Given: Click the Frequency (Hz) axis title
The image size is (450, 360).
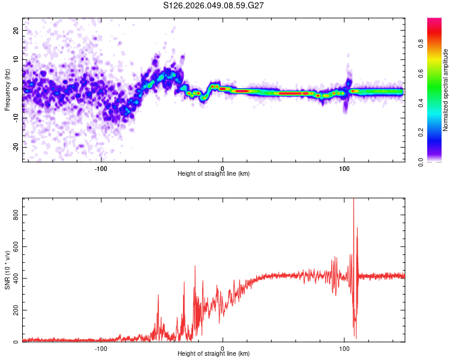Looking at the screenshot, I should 7,90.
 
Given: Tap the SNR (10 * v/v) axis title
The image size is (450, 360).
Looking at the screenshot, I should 7,271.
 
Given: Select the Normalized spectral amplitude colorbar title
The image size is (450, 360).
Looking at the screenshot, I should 446,90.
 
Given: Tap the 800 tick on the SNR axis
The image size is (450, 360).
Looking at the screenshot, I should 14,215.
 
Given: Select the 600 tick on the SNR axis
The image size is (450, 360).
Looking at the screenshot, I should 14,247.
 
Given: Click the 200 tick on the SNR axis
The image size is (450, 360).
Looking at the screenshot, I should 14,310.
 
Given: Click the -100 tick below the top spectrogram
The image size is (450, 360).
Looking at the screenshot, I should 101,168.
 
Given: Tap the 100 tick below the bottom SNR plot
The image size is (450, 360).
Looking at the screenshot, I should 344,348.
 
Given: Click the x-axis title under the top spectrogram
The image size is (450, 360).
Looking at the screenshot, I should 214,174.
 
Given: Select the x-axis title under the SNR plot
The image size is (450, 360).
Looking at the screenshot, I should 214,354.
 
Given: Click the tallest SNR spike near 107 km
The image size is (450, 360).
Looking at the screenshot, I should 353,200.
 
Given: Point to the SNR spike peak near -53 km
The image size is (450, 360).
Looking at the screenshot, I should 158,295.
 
